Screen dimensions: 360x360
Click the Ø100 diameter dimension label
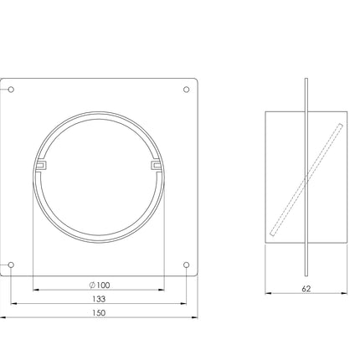coord(100,285)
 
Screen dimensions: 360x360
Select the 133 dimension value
coord(99,299)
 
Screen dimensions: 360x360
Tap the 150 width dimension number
coord(99,313)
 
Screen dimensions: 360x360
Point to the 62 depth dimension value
coord(306,289)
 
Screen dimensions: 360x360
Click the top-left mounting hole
coord(11,90)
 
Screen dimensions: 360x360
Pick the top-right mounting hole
coord(187,90)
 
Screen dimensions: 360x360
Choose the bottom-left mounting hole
coord(11,265)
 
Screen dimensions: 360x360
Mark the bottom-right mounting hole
coord(187,265)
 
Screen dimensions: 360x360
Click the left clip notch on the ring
coord(41,165)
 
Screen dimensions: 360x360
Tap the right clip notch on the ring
coord(156,165)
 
